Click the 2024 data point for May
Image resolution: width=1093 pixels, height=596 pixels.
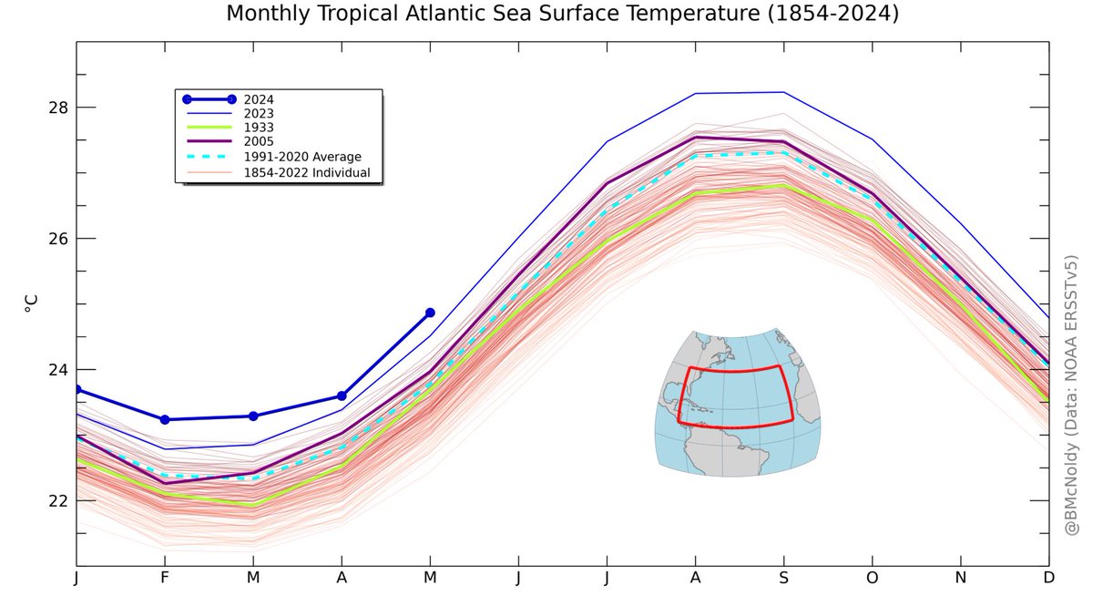click(x=430, y=313)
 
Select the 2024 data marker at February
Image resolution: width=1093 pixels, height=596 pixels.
click(x=165, y=419)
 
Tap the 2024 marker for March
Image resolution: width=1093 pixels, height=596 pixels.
click(x=253, y=416)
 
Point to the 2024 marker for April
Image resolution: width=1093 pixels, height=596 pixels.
click(x=342, y=396)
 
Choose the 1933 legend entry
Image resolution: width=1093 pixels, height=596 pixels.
click(x=259, y=128)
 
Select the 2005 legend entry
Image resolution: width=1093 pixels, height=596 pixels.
click(x=259, y=142)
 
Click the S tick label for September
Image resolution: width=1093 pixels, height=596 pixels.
click(x=783, y=578)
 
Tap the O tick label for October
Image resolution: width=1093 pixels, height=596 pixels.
click(x=872, y=578)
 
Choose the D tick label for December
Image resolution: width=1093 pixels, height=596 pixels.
click(x=1048, y=578)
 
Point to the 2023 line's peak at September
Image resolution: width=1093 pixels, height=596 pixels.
click(x=783, y=92)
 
